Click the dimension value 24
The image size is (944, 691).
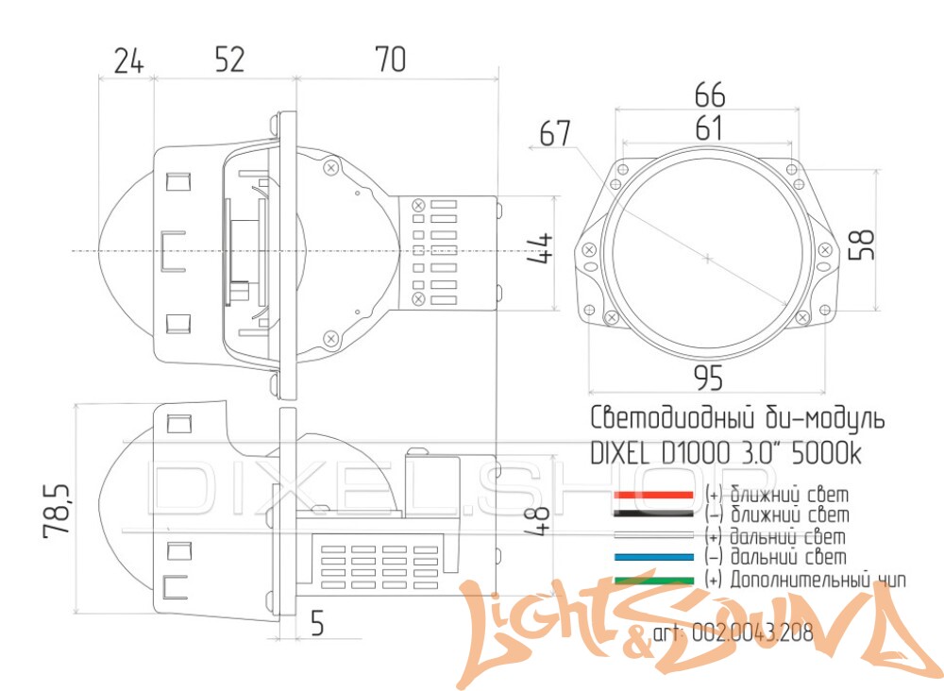coord(128,60)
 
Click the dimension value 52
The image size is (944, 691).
coord(228,59)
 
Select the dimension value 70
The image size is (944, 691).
coord(389,59)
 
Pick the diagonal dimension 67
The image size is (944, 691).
coord(555,134)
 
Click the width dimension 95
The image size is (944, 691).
coord(708,378)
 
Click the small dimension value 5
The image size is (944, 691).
coord(317,623)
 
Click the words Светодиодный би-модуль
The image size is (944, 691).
coord(737,418)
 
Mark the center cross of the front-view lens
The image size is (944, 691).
coord(707,256)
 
